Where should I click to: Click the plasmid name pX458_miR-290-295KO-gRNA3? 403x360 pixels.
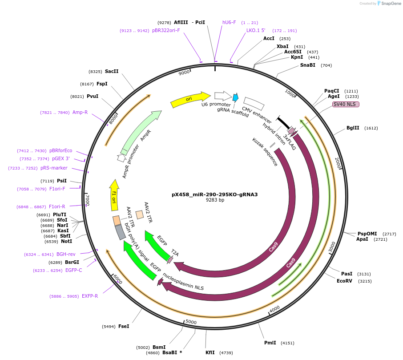pyautogui.click(x=215, y=194)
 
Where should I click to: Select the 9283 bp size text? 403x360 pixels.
pyautogui.click(x=215, y=200)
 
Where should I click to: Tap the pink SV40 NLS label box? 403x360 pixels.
pyautogui.click(x=346, y=105)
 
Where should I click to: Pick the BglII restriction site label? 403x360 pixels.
pyautogui.click(x=353, y=128)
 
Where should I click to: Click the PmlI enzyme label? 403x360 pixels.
pyautogui.click(x=270, y=343)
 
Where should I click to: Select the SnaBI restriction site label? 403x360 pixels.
pyautogui.click(x=307, y=65)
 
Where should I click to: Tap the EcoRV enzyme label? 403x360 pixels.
pyautogui.click(x=344, y=281)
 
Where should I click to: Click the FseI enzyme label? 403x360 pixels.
pyautogui.click(x=124, y=326)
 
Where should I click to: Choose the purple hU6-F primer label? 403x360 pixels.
pyautogui.click(x=229, y=22)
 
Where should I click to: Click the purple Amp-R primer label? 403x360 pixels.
pyautogui.click(x=80, y=112)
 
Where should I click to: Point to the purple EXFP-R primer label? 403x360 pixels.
pyautogui.click(x=90, y=296)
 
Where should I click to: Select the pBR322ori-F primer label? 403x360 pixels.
pyautogui.click(x=166, y=30)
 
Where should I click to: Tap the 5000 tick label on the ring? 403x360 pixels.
pyautogui.click(x=191, y=321)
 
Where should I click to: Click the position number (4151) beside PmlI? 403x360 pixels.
pyautogui.click(x=287, y=343)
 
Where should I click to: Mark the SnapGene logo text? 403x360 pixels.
pyautogui.click(x=390, y=4)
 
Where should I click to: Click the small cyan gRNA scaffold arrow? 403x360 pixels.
pyautogui.click(x=235, y=97)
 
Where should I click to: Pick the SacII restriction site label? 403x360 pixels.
pyautogui.click(x=112, y=71)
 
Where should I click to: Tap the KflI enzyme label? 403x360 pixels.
pyautogui.click(x=210, y=352)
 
